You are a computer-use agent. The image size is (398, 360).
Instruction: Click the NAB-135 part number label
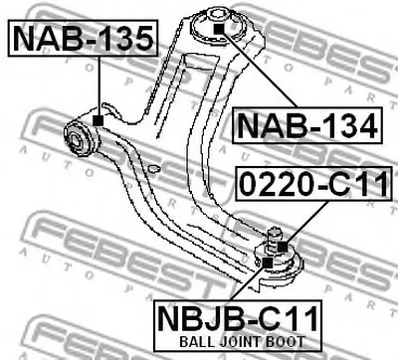pyautogui.click(x=84, y=38)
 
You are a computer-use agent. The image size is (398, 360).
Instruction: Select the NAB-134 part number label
pyautogui.click(x=307, y=125)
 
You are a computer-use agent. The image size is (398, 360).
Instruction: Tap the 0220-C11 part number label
pyautogui.click(x=313, y=184)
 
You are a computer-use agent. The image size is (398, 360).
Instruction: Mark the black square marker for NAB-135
pyautogui.click(x=99, y=120)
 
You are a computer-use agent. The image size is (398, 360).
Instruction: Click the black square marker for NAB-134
pyautogui.click(x=219, y=29)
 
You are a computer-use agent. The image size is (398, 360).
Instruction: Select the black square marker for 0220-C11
pyautogui.click(x=283, y=247)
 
